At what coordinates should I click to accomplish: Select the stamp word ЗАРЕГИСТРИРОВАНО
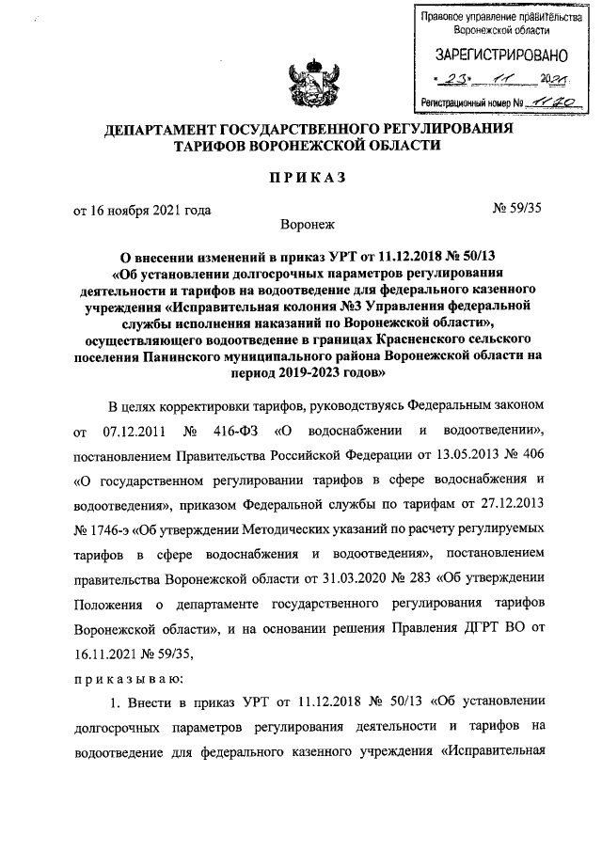[484, 57]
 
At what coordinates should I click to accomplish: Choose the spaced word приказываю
[129, 678]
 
